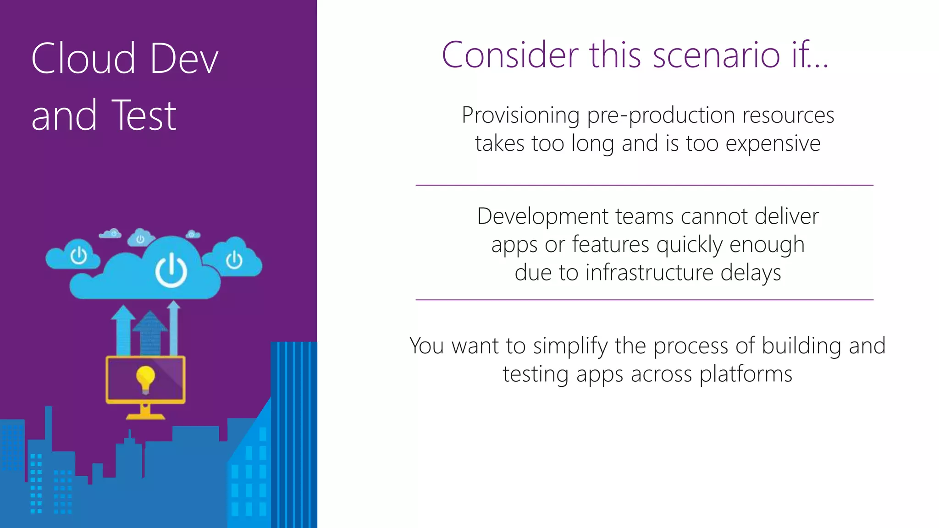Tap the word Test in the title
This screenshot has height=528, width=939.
144,115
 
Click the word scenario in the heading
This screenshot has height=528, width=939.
716,55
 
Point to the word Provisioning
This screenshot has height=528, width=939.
520,115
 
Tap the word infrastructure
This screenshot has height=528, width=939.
649,273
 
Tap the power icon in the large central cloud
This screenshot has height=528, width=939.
171,270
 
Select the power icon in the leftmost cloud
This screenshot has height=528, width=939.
78,255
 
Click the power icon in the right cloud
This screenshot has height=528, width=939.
234,260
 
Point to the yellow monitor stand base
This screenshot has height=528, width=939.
145,416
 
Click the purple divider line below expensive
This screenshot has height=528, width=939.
644,185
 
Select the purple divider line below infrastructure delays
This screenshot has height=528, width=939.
644,300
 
